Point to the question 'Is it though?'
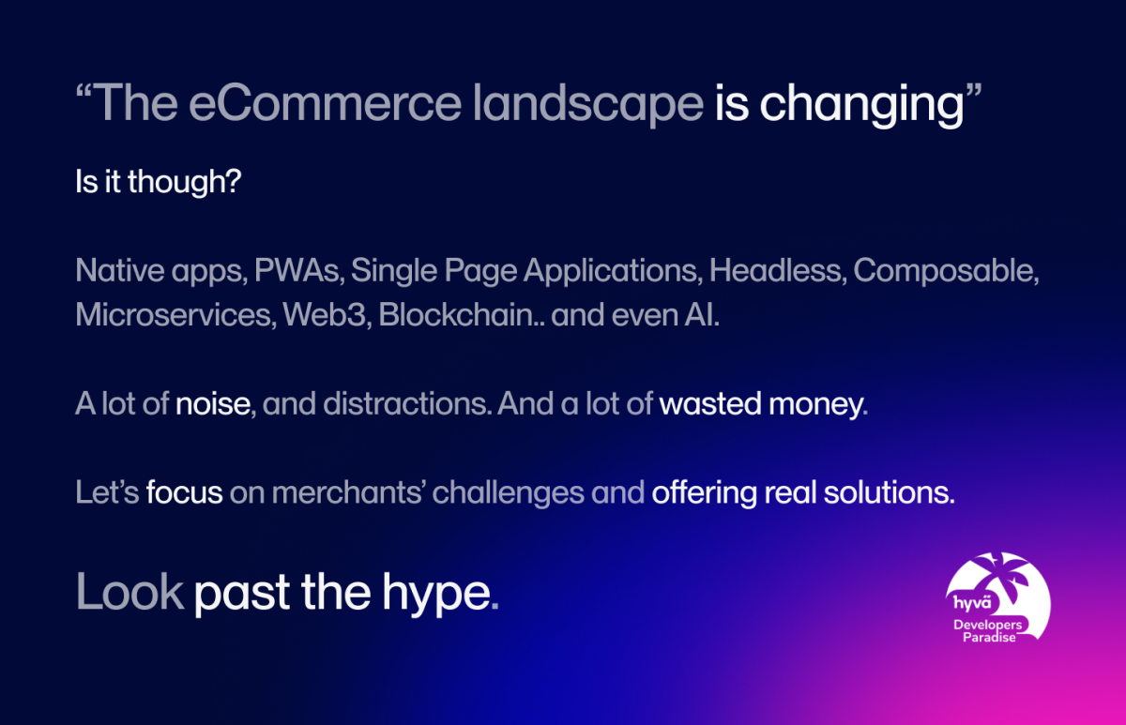pyautogui.click(x=159, y=182)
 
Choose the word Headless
pyautogui.click(x=775, y=272)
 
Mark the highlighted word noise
pyautogui.click(x=213, y=405)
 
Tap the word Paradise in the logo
pyautogui.click(x=990, y=638)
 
